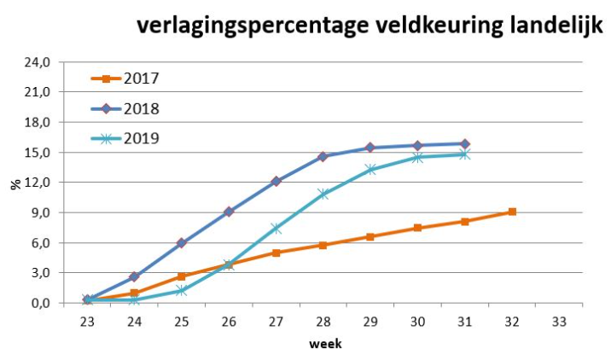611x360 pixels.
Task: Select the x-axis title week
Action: tap(323, 344)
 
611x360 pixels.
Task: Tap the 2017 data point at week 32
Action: tap(512, 212)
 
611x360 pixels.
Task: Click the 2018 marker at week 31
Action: tap(465, 144)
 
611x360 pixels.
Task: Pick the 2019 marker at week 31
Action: tap(465, 154)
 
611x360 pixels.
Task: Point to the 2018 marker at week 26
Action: tap(229, 212)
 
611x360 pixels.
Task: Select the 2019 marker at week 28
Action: tap(323, 195)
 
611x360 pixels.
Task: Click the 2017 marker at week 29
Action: tap(370, 236)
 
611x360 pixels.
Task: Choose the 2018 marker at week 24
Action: tap(134, 276)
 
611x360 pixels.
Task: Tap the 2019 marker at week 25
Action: tap(181, 291)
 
